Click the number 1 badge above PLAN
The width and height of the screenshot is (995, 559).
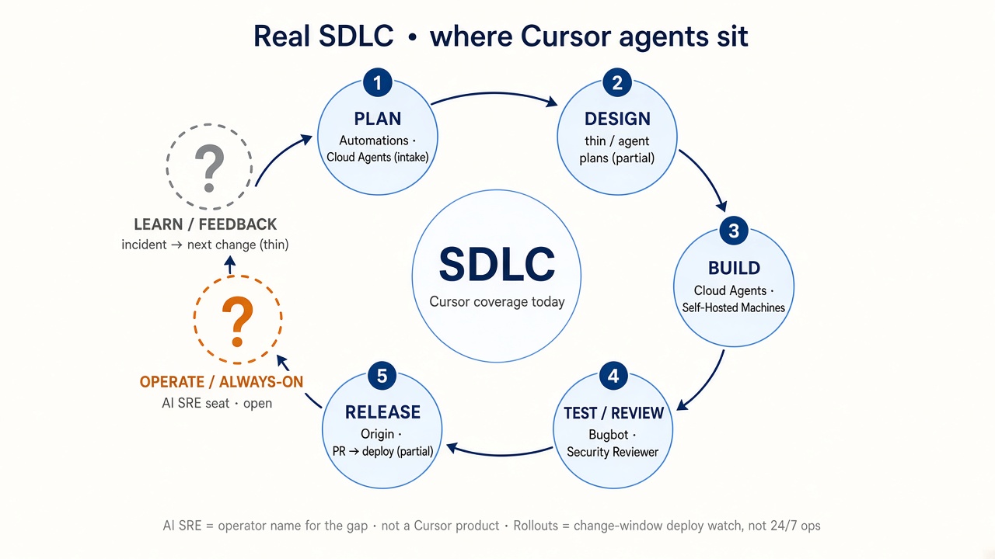[x=378, y=82]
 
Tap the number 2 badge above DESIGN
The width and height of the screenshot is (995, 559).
[x=617, y=82]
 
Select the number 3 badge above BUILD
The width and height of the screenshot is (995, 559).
[x=734, y=231]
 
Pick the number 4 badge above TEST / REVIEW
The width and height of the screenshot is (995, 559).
[x=613, y=376]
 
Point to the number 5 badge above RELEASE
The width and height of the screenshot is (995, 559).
[x=382, y=376]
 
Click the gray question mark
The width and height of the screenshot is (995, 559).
[x=209, y=168]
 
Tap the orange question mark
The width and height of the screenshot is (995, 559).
[x=237, y=321]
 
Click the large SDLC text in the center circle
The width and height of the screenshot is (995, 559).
[x=497, y=265]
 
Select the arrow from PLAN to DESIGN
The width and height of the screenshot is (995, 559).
[x=494, y=93]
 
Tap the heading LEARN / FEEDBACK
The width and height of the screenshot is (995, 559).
[x=205, y=224]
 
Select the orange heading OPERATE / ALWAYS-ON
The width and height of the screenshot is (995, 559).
[x=222, y=382]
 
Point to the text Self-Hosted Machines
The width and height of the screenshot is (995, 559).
[x=733, y=307]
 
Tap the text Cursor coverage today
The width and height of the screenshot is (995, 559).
[x=497, y=302]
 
